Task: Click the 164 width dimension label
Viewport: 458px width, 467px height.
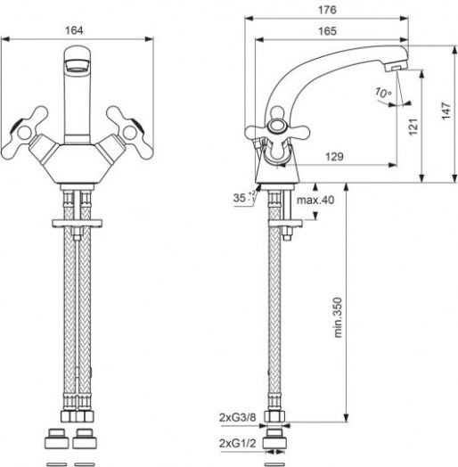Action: click(x=74, y=30)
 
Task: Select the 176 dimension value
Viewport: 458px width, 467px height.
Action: click(x=327, y=10)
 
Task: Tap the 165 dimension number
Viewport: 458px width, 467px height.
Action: click(x=327, y=31)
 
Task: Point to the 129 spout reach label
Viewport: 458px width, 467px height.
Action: click(x=334, y=157)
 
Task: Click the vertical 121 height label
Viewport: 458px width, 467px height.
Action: click(x=413, y=127)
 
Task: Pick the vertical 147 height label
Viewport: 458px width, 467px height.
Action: click(x=446, y=111)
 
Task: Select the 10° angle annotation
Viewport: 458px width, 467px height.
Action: click(x=383, y=93)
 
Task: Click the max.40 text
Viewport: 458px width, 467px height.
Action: click(x=315, y=200)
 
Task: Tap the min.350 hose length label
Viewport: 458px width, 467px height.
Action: click(x=338, y=317)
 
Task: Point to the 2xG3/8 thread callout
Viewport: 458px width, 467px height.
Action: click(x=237, y=418)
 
